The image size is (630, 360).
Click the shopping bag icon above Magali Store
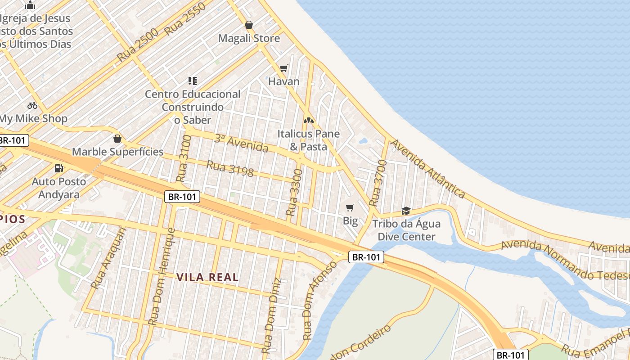(x=248, y=25)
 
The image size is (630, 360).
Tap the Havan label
(x=283, y=81)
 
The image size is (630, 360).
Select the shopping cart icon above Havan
(x=283, y=68)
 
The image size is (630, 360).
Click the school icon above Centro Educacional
(x=193, y=81)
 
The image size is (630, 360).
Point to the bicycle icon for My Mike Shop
(x=32, y=105)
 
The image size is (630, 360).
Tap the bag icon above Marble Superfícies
(x=117, y=138)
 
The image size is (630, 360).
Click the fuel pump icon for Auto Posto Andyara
(x=58, y=168)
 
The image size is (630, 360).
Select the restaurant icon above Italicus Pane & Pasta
(x=309, y=121)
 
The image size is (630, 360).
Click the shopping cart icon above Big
(x=350, y=207)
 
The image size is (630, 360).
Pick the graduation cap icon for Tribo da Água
(x=406, y=210)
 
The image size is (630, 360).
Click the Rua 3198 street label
(x=230, y=168)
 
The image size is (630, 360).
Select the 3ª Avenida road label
(x=241, y=143)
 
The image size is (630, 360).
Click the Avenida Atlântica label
(x=427, y=169)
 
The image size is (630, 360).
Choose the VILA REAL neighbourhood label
(x=207, y=277)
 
